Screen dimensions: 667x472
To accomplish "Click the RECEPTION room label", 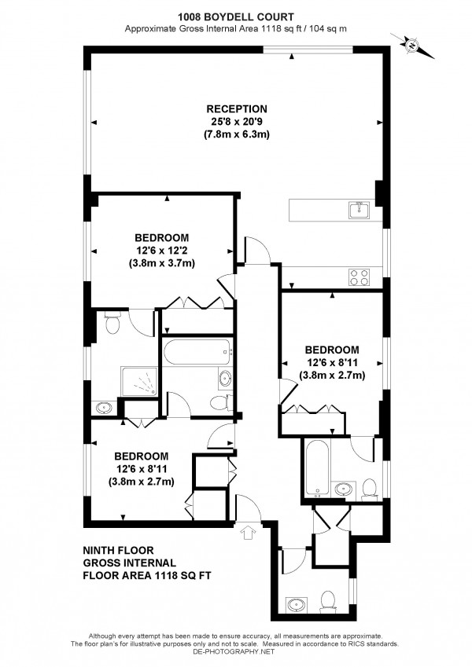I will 237,108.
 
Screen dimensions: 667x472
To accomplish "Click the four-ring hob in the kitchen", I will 360,277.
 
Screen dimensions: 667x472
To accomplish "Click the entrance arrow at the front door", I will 249,533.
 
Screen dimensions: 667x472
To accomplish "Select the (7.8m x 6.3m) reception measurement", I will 237,134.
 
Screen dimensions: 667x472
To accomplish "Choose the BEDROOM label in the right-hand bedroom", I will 332,350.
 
